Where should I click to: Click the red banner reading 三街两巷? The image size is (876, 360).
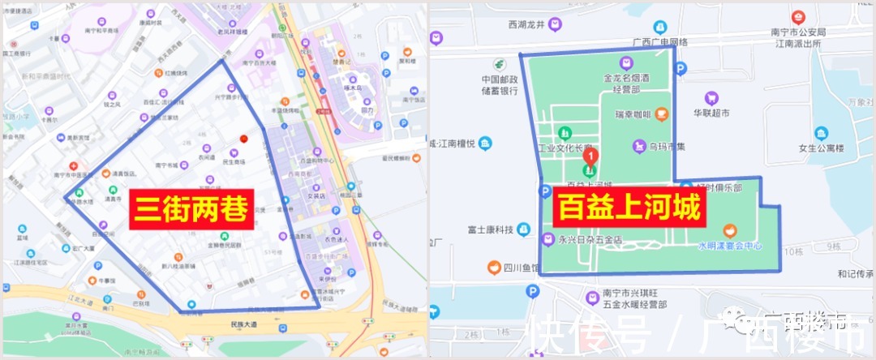coord(192,210)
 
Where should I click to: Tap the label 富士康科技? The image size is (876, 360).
coord(491,229)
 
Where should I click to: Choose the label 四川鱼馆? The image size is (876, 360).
coord(521,267)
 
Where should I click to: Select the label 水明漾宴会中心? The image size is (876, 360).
coord(729,244)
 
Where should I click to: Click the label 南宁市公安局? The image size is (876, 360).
coord(798,32)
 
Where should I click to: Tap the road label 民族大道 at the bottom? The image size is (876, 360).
coord(236,323)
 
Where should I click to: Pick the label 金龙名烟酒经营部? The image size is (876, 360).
coord(626,85)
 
